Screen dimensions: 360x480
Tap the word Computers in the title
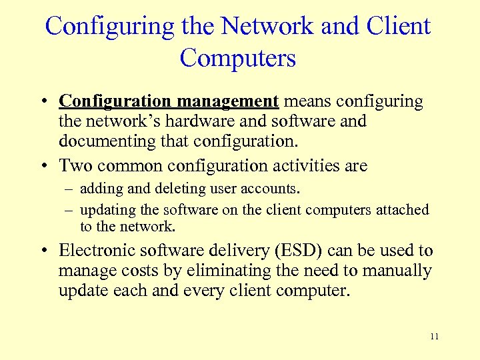coord(238,58)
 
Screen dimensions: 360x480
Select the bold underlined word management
coord(227,101)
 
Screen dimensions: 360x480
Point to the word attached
coord(402,210)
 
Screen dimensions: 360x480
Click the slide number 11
coord(435,337)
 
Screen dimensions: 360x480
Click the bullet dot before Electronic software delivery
coord(42,252)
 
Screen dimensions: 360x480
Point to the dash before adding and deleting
coord(69,189)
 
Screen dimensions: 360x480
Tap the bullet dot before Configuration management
coord(42,102)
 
